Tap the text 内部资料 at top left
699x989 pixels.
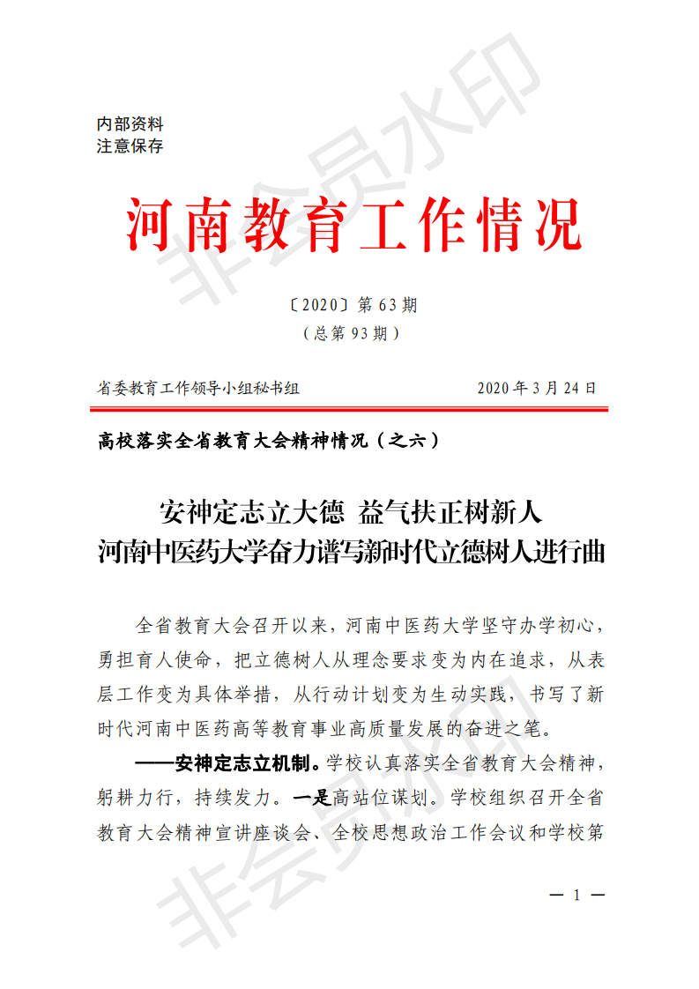tap(130, 125)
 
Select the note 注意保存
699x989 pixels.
tap(130, 146)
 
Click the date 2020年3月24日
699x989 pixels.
tap(537, 388)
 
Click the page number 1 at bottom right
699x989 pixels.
tap(576, 896)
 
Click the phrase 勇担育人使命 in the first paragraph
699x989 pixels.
tap(151, 658)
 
